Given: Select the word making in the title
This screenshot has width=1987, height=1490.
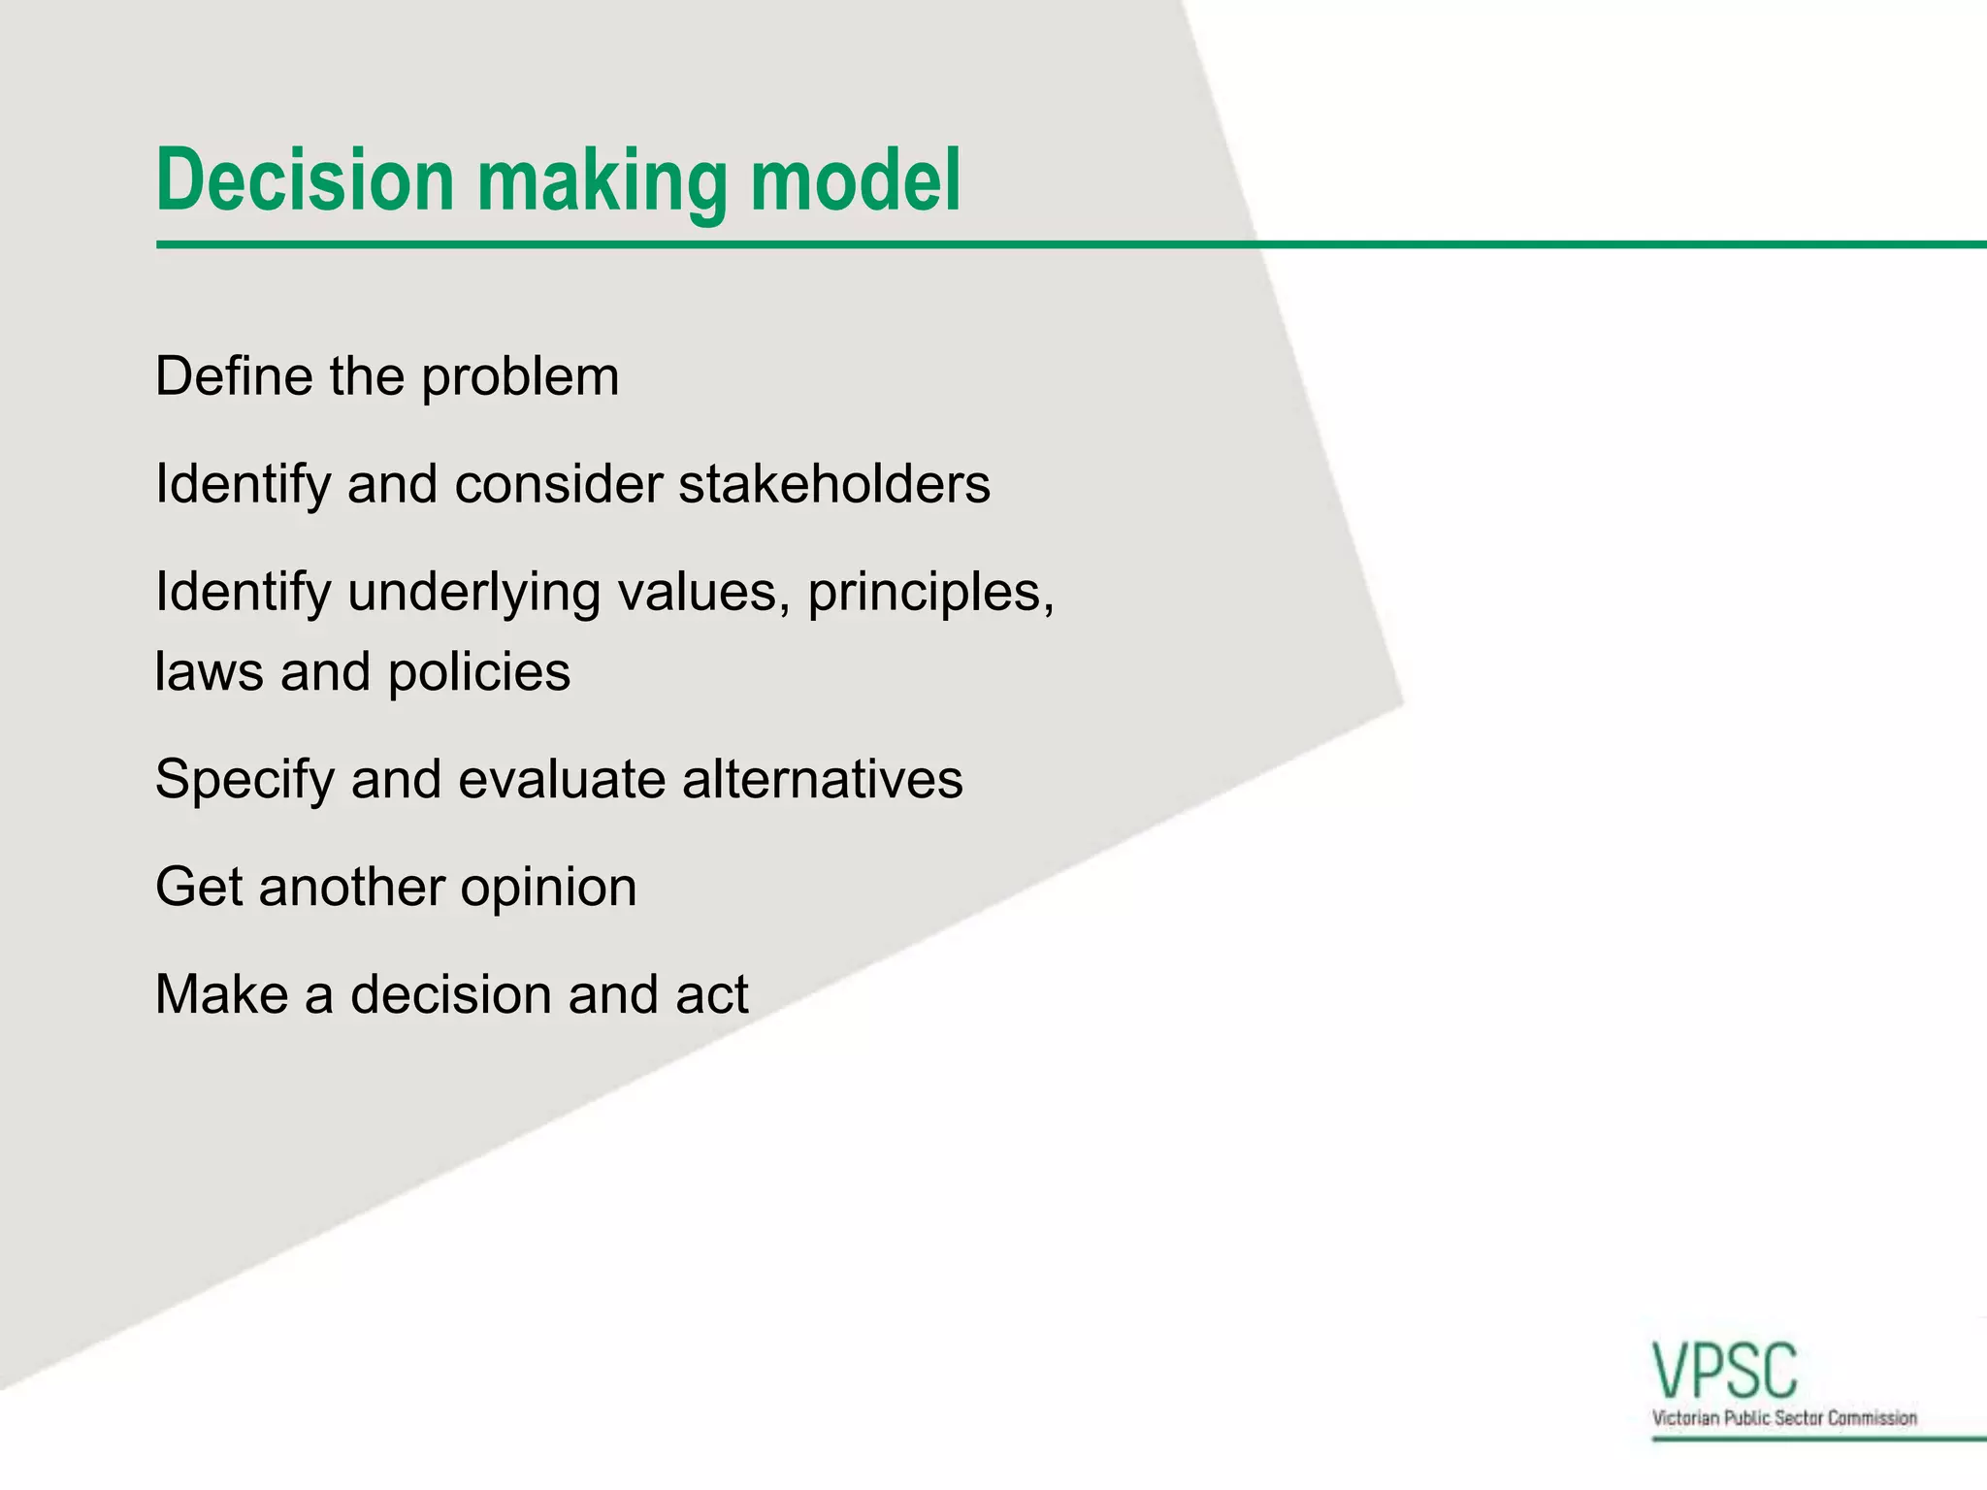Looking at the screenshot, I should pos(602,184).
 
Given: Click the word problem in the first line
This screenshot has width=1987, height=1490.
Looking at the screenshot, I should pos(520,378).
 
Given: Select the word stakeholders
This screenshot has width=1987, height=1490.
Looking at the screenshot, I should pos(833,484).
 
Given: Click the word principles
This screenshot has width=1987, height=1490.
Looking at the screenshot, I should pos(929,594).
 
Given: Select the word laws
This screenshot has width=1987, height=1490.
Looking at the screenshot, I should pos(209,672).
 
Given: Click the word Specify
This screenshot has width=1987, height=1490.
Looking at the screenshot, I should pos(244,781).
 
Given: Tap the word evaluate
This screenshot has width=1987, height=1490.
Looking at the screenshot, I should pos(562,779).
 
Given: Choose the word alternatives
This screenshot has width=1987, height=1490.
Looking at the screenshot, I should pos(822,779).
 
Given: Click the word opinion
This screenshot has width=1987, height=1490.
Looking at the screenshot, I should pos(547,889).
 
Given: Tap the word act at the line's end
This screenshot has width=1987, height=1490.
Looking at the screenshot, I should pos(711,995).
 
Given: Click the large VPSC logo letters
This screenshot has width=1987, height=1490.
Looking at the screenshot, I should pos(1725,1371).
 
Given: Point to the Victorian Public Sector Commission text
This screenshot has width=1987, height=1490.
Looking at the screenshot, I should pos(1784,1418).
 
